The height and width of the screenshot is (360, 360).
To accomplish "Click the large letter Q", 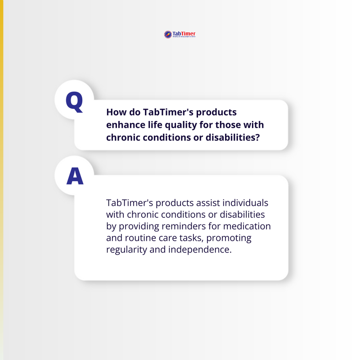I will point(74,102).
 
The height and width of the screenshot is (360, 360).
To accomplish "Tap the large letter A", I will point(75,177).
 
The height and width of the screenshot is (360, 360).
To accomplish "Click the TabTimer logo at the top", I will point(180,34).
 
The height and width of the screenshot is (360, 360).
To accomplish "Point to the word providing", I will point(139,225).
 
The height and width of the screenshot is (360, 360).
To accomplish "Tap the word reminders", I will point(185,225).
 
